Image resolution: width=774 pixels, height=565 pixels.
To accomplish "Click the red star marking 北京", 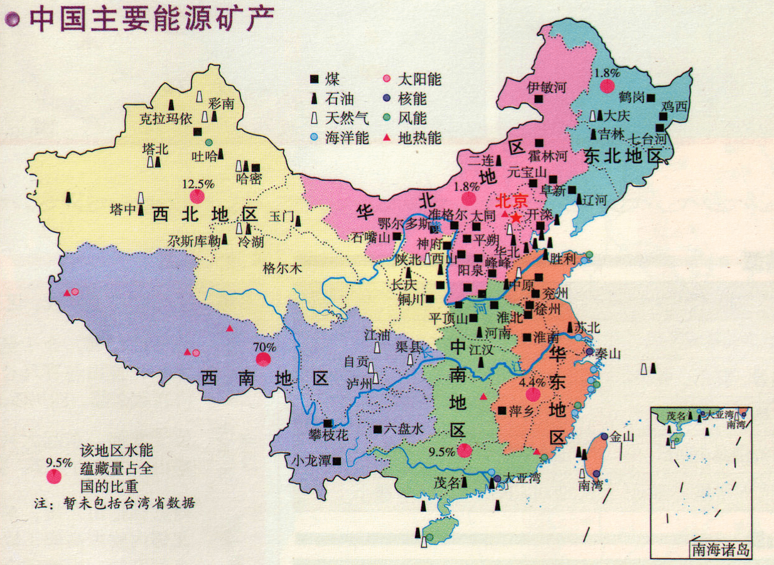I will (515, 218).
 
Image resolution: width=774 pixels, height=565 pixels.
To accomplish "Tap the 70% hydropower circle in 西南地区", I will (264, 359).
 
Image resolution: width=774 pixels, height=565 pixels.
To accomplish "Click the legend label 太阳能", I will (420, 80).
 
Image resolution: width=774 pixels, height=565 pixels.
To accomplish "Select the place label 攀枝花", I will (328, 434).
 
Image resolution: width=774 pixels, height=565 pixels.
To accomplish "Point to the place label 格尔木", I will (282, 268).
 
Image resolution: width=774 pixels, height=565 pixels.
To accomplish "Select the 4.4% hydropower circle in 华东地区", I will (533, 394).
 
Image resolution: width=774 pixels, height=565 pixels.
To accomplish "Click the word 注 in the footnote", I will (39, 503).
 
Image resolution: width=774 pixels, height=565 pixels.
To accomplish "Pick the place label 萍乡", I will (521, 411).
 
